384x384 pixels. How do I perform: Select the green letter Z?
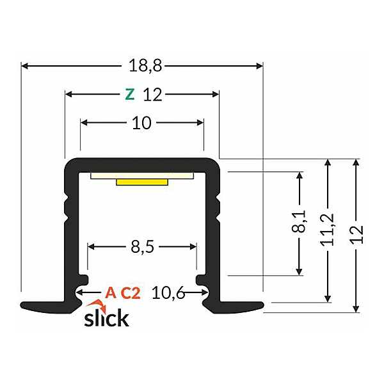(130, 95)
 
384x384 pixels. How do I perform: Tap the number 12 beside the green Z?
(152, 95)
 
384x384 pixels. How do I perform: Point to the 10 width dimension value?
(141, 123)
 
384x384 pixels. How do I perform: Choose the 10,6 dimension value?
(169, 293)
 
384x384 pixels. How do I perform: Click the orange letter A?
(111, 293)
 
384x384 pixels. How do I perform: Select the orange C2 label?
(131, 293)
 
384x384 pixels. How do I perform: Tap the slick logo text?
(106, 317)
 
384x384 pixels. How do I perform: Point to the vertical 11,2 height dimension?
(328, 229)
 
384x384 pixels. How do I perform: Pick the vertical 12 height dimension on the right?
(356, 234)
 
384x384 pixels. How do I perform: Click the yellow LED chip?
(141, 182)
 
